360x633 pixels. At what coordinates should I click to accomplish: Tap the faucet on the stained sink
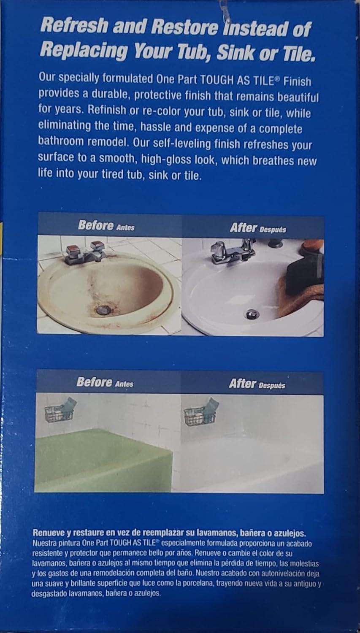click(x=85, y=253)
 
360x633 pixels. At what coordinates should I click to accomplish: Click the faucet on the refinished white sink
click(x=232, y=251)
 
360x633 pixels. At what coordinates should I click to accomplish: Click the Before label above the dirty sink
click(x=95, y=225)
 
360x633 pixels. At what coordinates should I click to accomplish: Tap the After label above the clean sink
click(x=243, y=228)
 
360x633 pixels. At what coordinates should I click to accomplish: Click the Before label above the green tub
click(x=94, y=382)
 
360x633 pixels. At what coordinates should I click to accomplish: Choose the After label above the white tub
click(x=242, y=384)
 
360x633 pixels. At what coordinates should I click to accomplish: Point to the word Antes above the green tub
click(x=124, y=384)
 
